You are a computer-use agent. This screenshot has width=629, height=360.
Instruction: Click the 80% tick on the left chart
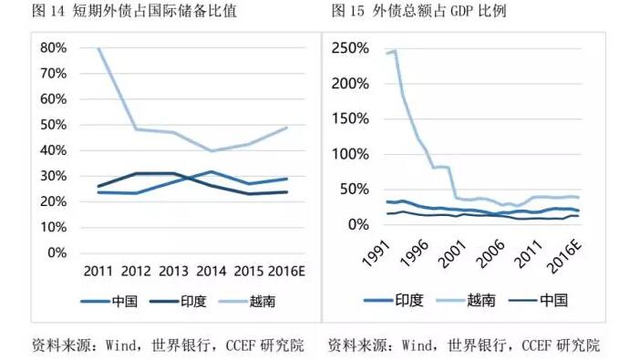pyautogui.click(x=54, y=47)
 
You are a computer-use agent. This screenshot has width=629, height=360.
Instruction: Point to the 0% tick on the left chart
pyautogui.click(x=57, y=252)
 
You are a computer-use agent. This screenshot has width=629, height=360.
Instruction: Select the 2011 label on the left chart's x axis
pyautogui.click(x=98, y=271)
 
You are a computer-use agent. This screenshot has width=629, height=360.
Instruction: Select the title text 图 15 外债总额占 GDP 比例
pyautogui.click(x=418, y=12)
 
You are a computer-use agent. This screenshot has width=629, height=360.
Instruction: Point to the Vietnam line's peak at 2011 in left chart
pyautogui.click(x=98, y=47)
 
